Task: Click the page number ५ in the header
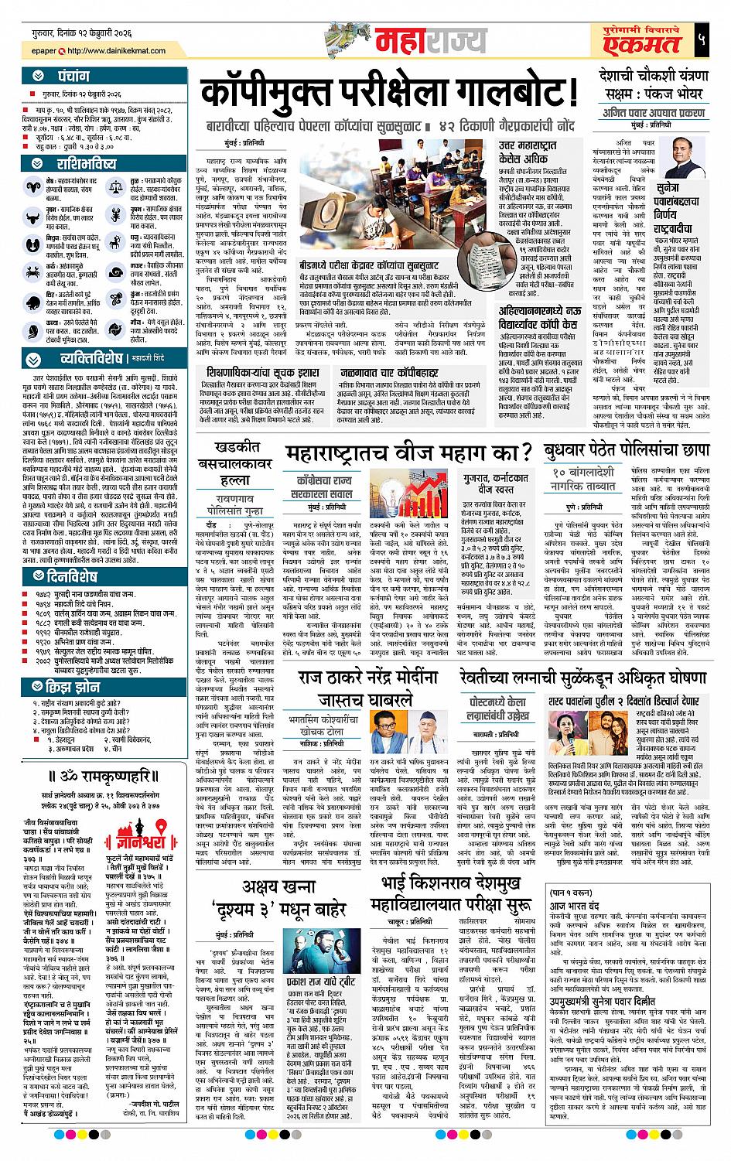tap(699, 39)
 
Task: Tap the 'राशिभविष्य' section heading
tap(86, 164)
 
